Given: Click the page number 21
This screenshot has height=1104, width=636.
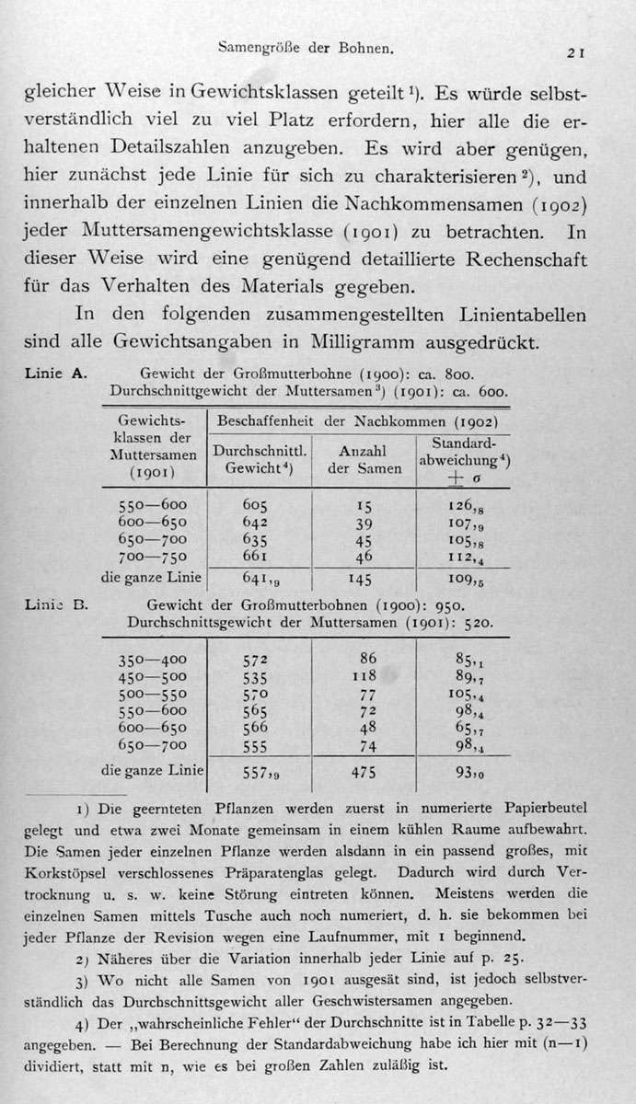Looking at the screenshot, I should [577, 53].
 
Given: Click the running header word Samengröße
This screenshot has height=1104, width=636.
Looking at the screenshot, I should [254, 44].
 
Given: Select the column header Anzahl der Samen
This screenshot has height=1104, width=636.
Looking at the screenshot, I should [364, 459].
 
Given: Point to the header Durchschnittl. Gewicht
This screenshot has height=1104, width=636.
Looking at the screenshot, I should [259, 459].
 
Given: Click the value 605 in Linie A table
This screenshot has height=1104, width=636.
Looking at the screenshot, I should [256, 505].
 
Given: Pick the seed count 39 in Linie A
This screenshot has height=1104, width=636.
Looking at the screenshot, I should [364, 523].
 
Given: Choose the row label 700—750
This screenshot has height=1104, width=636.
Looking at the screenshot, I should [153, 556].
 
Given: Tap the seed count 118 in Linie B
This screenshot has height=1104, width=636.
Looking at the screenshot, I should [364, 677].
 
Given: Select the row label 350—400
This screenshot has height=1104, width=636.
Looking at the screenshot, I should [153, 660].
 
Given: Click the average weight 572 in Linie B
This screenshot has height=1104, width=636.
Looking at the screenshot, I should [256, 660].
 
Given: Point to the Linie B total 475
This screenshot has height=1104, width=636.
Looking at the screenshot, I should [364, 774].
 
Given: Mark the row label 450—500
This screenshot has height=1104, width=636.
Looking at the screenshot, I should [153, 677].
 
